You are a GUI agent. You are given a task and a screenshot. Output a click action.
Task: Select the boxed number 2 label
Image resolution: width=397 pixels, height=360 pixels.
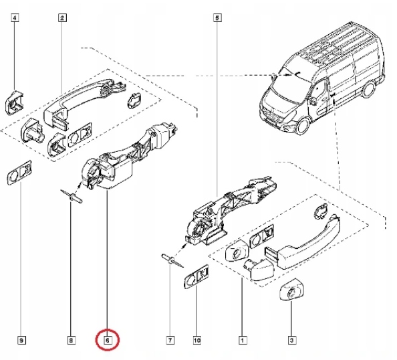61,19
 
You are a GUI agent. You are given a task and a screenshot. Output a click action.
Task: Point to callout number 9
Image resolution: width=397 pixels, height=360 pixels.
21,341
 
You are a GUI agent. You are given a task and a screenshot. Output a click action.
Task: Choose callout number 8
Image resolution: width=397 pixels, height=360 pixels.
72,341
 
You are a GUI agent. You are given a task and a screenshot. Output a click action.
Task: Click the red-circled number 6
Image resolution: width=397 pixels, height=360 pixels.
107,341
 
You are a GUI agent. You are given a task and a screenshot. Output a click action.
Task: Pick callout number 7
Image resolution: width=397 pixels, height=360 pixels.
170,341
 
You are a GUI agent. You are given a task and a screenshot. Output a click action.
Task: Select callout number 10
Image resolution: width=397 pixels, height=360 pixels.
196,341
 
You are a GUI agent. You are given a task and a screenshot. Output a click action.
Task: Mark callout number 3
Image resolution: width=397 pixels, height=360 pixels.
291,341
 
